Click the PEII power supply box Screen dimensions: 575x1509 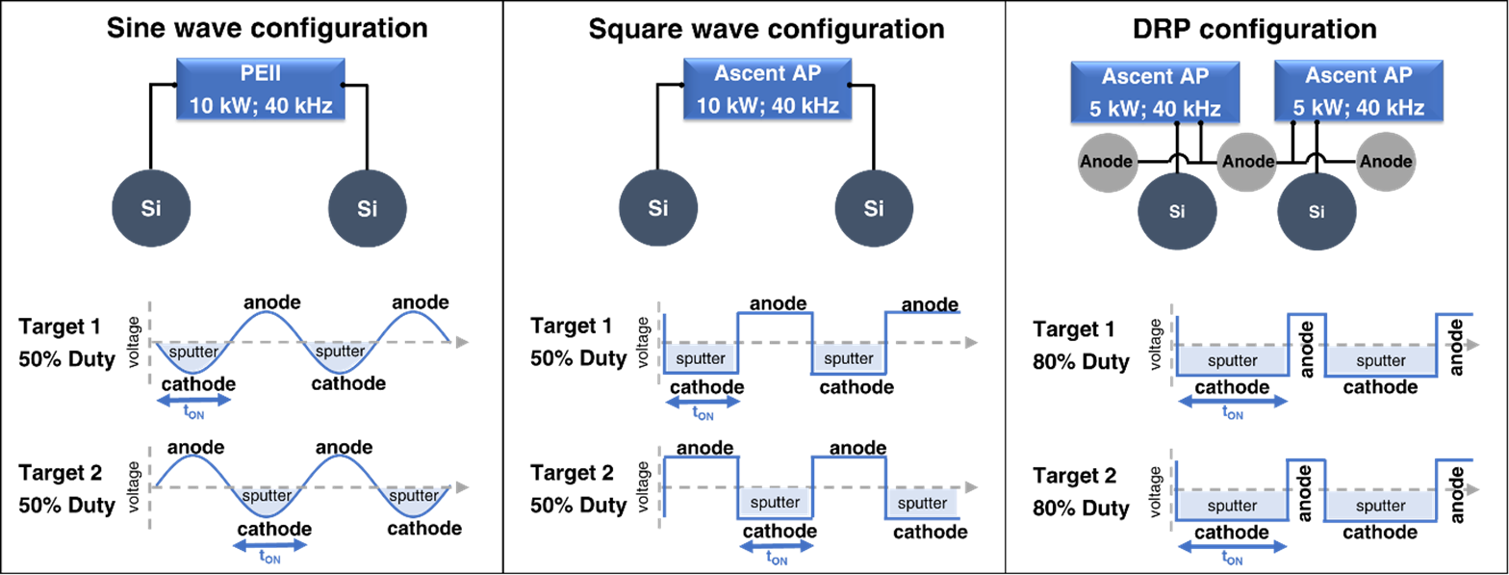point(260,89)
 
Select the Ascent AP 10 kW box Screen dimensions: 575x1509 point(767,89)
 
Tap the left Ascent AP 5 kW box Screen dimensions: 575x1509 point(1155,91)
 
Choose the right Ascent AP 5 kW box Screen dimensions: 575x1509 point(1358,91)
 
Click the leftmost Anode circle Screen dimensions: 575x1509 point(1106,161)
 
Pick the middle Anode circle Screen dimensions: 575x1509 point(1246,161)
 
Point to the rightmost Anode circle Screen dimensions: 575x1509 point(1386,161)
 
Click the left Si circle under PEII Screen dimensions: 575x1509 point(151,208)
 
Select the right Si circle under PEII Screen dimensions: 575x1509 point(368,208)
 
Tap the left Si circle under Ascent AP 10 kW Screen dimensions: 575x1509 point(658,208)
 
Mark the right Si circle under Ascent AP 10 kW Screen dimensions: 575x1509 point(874,208)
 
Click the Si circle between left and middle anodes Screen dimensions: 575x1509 point(1177,211)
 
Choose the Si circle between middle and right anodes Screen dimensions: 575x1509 point(1317,211)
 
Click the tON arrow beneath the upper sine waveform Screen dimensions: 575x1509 point(193,400)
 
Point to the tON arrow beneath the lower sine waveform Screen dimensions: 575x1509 point(270,545)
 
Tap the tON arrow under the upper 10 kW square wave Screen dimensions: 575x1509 point(703,402)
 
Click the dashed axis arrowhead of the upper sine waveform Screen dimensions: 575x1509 point(461,342)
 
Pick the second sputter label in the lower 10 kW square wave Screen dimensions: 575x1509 point(923,503)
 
